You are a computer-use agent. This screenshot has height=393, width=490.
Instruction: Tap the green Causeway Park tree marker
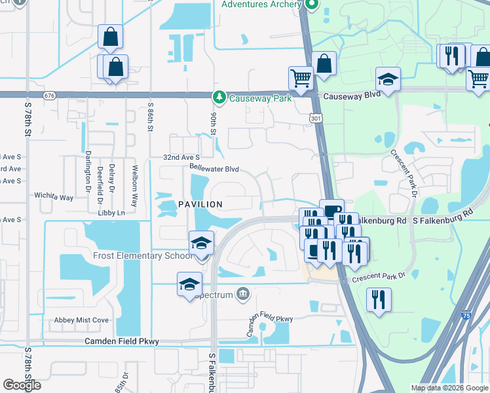(219, 98)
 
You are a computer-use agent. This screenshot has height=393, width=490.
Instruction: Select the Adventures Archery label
(263, 5)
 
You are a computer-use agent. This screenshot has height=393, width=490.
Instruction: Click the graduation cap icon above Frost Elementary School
(201, 244)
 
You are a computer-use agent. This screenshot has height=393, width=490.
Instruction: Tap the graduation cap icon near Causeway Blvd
(388, 81)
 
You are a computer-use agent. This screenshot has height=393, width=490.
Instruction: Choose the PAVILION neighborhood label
(200, 205)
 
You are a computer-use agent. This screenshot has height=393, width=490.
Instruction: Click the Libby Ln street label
(111, 213)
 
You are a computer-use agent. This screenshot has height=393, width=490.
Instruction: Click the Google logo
(22, 385)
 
